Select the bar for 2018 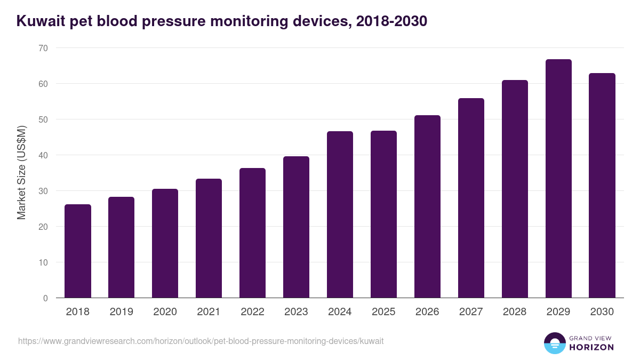78,251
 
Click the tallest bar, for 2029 558,179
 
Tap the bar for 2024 340,214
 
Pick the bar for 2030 602,186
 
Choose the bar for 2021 209,238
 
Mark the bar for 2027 471,198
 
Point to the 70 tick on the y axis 43,48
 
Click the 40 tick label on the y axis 43,155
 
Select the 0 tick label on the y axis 45,298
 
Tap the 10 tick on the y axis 43,262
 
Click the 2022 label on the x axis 252,312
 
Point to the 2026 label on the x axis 427,312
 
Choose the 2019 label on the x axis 121,312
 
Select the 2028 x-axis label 515,312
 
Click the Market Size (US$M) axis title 22,173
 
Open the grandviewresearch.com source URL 201,341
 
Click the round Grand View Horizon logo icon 555,343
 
